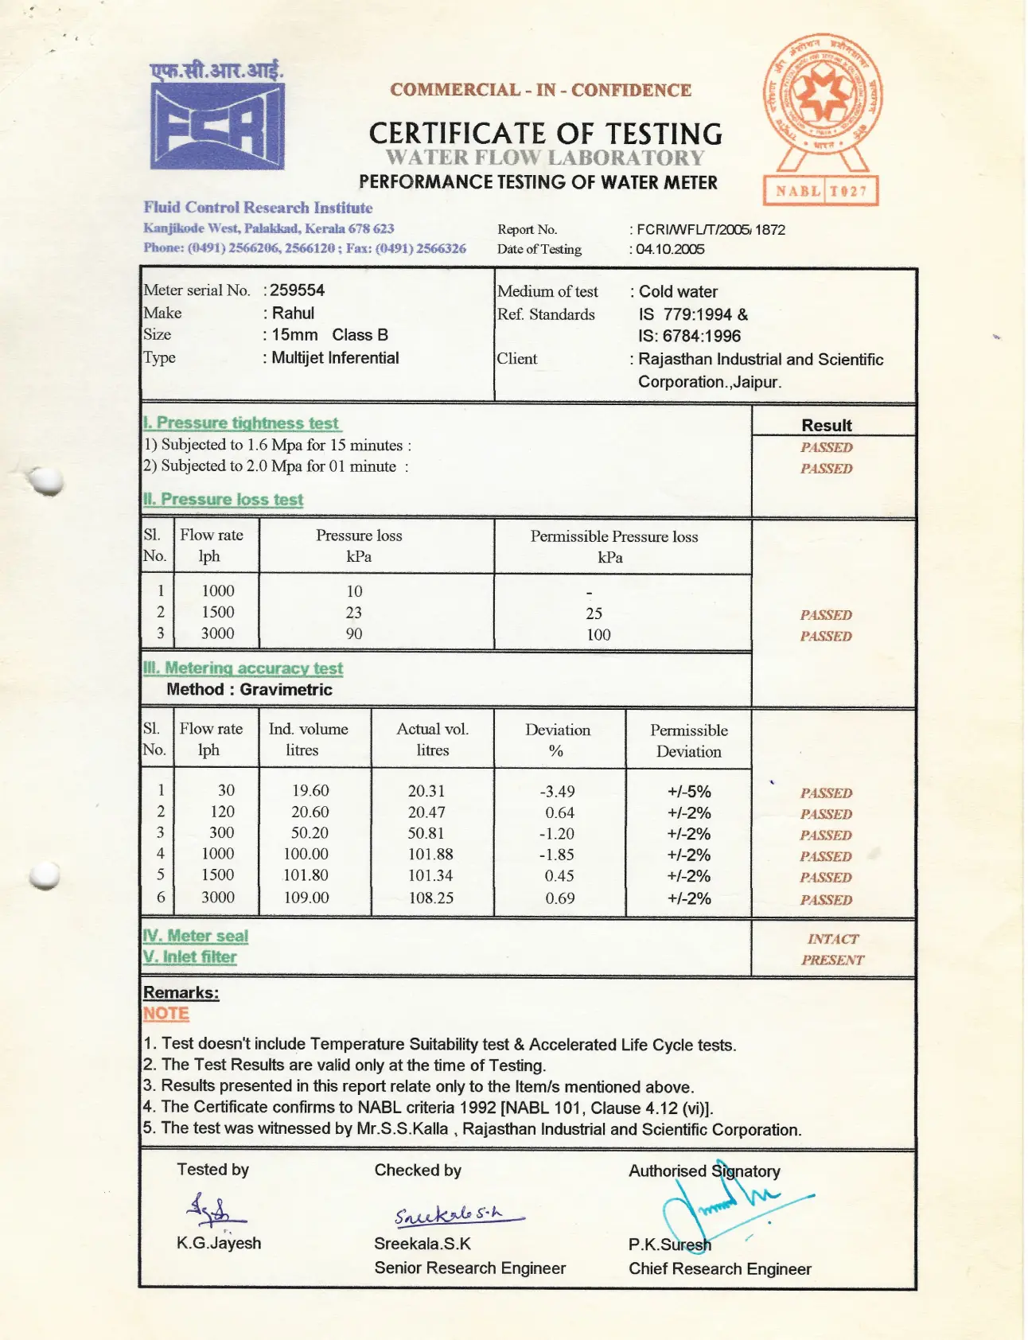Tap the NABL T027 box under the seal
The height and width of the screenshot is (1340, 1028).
click(x=820, y=191)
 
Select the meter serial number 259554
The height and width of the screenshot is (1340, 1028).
click(x=297, y=290)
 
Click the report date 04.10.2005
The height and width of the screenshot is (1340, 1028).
click(x=670, y=249)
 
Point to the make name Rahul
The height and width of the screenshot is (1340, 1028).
click(x=293, y=313)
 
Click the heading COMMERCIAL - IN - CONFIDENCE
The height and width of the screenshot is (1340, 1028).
click(x=540, y=90)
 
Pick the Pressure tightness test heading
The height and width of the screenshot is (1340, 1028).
click(x=242, y=423)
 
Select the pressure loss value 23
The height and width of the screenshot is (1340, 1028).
click(x=353, y=613)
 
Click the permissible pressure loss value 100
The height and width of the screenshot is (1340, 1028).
click(x=598, y=635)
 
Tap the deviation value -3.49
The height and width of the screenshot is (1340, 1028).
click(x=557, y=792)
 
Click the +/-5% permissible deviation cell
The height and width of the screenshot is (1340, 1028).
click(x=689, y=792)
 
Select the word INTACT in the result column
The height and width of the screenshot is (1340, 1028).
click(x=832, y=939)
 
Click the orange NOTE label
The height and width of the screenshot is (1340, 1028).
click(x=165, y=1014)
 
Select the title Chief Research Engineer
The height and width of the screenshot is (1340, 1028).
click(x=719, y=1269)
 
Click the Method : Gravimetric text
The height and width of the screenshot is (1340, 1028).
click(x=249, y=690)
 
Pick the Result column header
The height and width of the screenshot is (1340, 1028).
click(x=826, y=426)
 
